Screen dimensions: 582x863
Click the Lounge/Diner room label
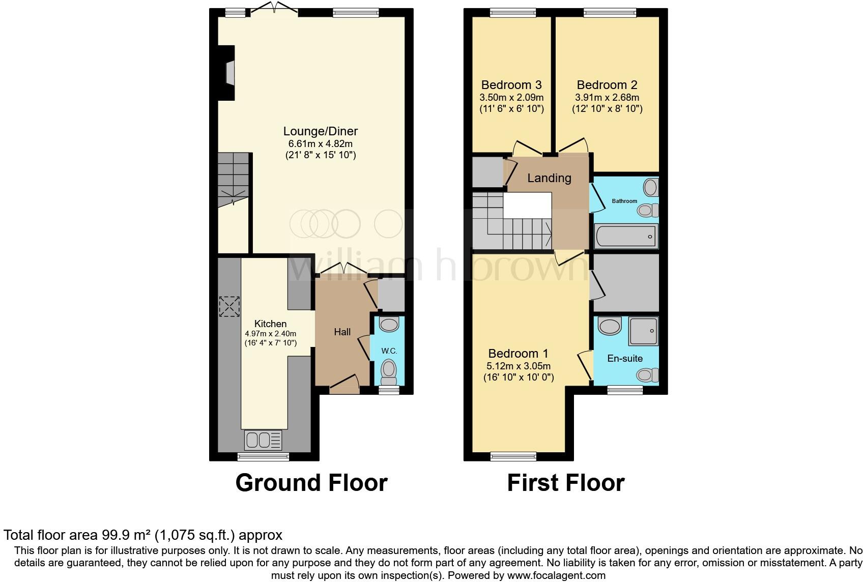coord(320,131)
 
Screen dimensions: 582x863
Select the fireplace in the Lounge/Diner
coord(228,72)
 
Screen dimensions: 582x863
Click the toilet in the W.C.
coord(389,372)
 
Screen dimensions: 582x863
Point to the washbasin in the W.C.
coord(390,324)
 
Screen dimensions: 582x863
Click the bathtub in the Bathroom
coord(626,236)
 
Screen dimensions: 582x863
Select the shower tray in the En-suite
coord(643,331)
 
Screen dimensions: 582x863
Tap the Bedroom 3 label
coord(511,85)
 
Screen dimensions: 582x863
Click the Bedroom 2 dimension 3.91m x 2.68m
coord(607,98)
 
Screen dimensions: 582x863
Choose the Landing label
coord(549,178)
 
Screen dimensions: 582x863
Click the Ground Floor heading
coord(311,483)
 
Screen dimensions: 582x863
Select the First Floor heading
coord(565,483)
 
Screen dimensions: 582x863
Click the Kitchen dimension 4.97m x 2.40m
coord(270,334)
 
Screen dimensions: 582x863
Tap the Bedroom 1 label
coord(518,353)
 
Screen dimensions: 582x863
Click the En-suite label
coord(625,358)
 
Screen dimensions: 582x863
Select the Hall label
coord(342,332)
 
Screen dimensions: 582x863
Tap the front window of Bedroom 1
coord(513,456)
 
